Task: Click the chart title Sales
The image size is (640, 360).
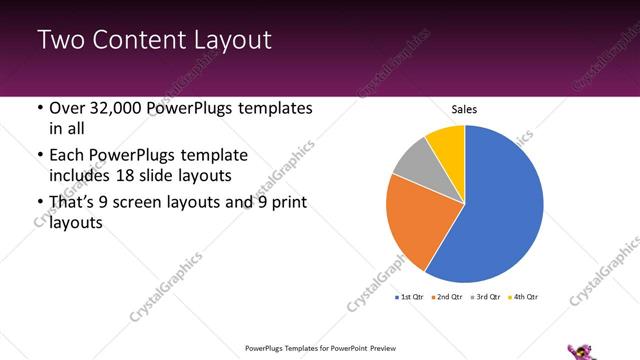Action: tap(464, 108)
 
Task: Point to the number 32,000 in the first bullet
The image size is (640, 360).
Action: tap(115, 108)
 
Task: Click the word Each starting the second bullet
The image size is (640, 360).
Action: tap(67, 156)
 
